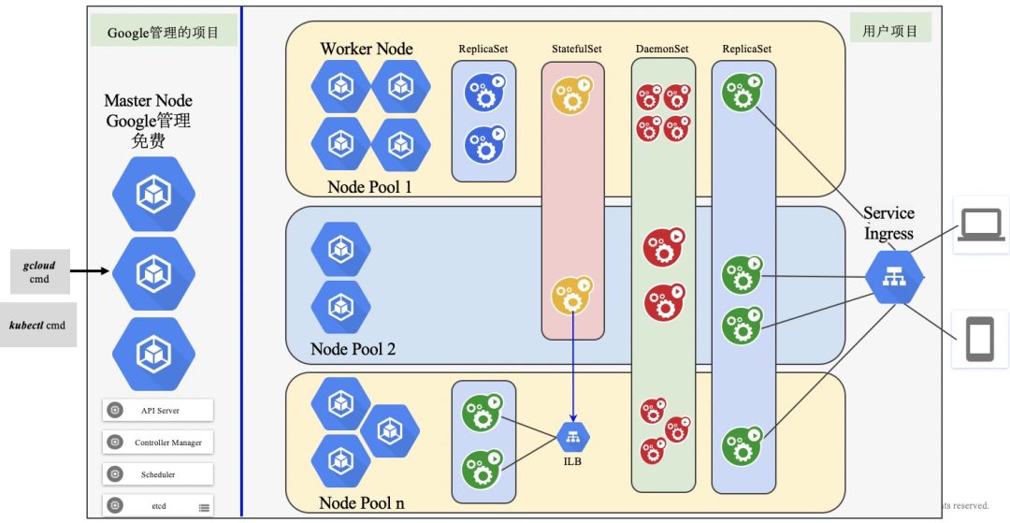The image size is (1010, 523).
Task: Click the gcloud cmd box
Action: coord(38,272)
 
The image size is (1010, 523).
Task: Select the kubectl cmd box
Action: coord(38,326)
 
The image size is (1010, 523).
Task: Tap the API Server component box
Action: coord(158,410)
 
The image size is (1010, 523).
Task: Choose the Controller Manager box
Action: coord(158,442)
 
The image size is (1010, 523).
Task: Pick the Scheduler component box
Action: coord(158,474)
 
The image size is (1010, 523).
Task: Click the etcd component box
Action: coord(158,506)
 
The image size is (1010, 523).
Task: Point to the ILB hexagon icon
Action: coord(573,436)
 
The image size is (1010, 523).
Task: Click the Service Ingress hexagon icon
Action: coord(893,276)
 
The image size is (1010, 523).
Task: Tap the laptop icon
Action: coord(981,225)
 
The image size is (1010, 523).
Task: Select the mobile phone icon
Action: coord(981,339)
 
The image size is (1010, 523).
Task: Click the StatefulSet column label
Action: coord(572,48)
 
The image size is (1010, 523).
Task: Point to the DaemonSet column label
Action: coord(663,48)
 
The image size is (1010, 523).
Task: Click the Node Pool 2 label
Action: coord(353,349)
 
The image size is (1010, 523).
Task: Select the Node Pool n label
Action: coord(362,502)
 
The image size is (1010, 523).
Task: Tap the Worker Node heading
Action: coord(366,49)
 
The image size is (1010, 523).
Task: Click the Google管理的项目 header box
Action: coord(164,32)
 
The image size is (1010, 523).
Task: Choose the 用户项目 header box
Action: coord(890,31)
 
